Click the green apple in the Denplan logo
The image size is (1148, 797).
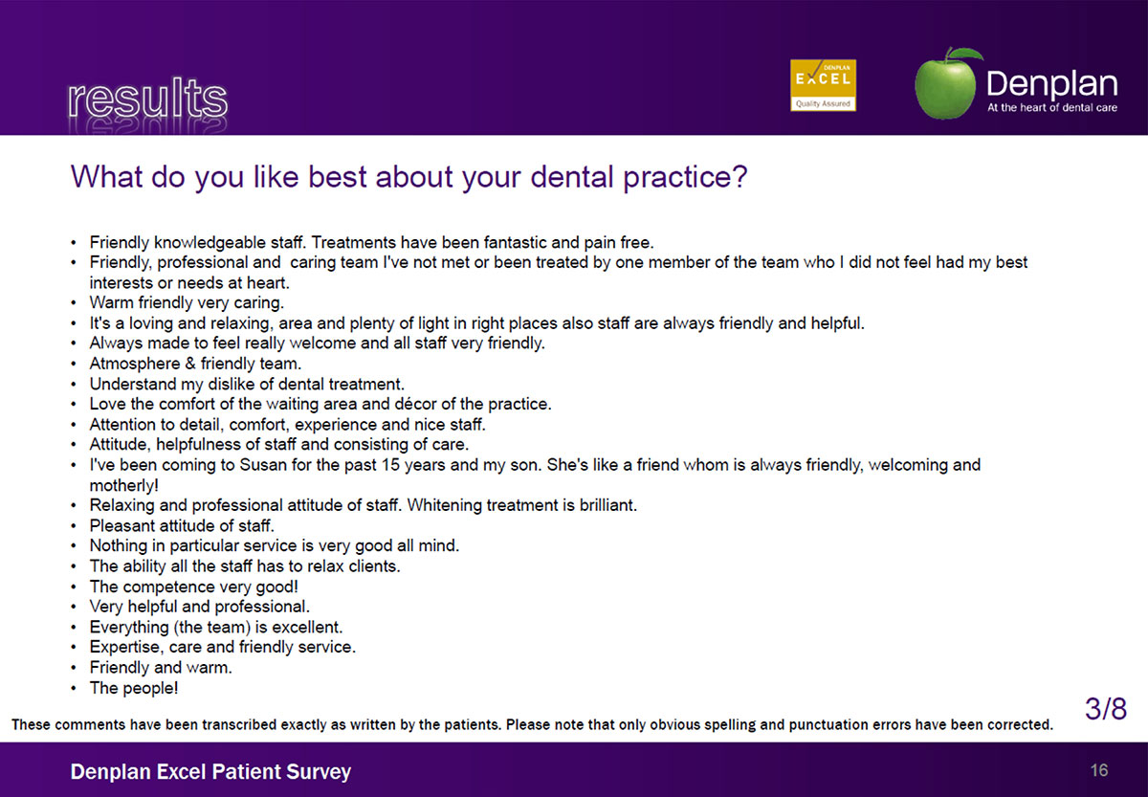click(947, 83)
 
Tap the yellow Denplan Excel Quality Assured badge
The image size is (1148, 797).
click(823, 85)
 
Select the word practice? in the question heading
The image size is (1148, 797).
click(685, 177)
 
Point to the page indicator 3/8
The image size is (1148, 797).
click(1106, 708)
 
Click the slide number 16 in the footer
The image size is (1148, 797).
click(1099, 770)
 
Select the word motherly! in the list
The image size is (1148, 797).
click(124, 485)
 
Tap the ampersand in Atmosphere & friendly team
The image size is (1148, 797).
click(190, 364)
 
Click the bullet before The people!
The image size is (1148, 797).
click(74, 688)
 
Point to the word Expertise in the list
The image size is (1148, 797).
click(124, 648)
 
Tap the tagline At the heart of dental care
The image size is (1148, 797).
click(1052, 107)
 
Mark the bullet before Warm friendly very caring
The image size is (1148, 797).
click(74, 303)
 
